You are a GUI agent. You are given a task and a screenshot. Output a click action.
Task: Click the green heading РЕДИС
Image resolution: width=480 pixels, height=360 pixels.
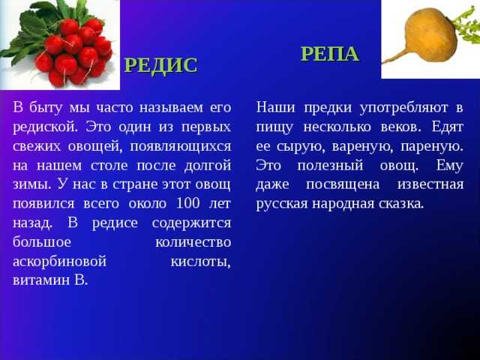click(x=161, y=65)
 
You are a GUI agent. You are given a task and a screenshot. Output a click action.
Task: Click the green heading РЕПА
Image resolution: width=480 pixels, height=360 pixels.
click(x=330, y=54)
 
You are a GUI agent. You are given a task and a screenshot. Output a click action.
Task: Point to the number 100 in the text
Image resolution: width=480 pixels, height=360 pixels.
click(x=188, y=203)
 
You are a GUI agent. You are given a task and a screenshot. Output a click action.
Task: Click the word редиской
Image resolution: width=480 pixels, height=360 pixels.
click(x=45, y=127)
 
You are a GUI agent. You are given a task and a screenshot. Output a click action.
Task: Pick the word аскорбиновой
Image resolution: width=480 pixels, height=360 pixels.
click(x=60, y=262)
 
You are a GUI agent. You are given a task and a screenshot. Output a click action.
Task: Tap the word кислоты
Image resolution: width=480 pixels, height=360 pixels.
click(x=200, y=262)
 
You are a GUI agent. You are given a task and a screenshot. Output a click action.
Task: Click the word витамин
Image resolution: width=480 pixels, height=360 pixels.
click(x=41, y=280)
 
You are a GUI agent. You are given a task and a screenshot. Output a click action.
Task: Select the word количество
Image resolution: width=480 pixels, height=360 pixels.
click(x=193, y=242)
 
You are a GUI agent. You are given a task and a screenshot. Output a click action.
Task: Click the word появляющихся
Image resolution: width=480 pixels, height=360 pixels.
click(x=181, y=147)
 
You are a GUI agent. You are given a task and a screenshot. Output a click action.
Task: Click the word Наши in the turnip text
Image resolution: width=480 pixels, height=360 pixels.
click(x=275, y=108)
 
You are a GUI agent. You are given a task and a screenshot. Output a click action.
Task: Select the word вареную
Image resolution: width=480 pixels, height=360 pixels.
click(x=362, y=147)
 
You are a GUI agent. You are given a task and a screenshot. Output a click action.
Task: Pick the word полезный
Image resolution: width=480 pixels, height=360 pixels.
click(x=330, y=166)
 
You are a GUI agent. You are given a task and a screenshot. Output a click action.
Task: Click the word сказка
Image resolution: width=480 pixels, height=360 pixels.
click(x=401, y=204)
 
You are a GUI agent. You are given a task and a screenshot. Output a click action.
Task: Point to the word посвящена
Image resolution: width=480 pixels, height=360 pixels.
click(x=343, y=185)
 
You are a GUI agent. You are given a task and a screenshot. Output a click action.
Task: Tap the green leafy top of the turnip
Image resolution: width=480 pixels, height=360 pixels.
click(x=466, y=25)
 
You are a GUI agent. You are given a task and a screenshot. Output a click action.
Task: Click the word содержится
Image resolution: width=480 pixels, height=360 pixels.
click(x=191, y=223)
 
